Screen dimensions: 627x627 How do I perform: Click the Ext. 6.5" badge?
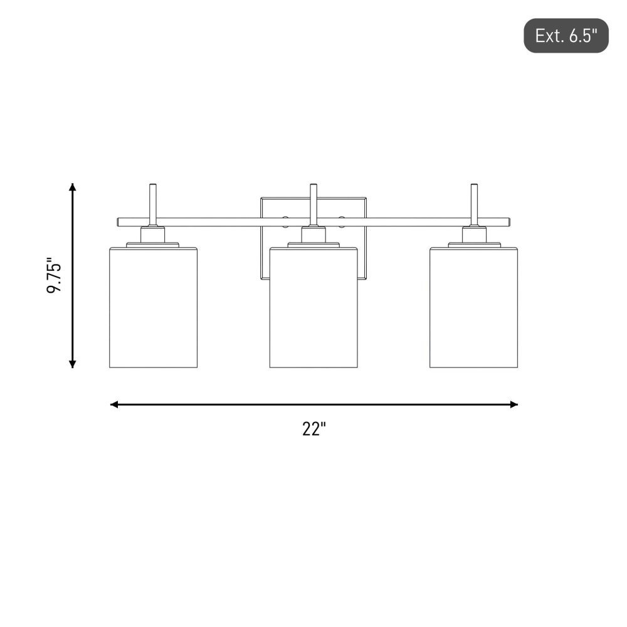[x=566, y=36]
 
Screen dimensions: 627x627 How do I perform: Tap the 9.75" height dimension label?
[x=55, y=275]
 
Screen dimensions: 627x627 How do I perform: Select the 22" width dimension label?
[x=314, y=429]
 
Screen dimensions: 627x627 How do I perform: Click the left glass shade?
[x=153, y=307]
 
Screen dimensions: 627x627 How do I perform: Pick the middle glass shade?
[x=313, y=307]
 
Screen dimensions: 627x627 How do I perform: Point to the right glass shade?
[x=474, y=307]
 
